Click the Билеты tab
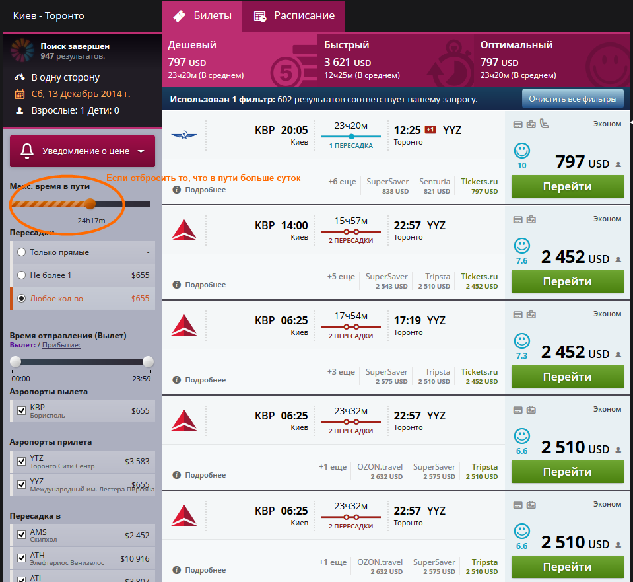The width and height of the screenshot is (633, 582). pyautogui.click(x=202, y=16)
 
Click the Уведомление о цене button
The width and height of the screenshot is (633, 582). pyautogui.click(x=83, y=151)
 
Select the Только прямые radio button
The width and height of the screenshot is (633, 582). pyautogui.click(x=22, y=252)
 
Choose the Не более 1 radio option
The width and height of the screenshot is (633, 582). pyautogui.click(x=22, y=275)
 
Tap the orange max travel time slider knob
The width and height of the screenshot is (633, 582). pyautogui.click(x=90, y=203)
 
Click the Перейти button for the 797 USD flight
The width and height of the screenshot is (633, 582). pyautogui.click(x=567, y=186)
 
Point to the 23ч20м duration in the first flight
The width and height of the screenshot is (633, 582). pyautogui.click(x=350, y=126)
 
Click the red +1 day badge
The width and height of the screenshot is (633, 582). pyautogui.click(x=431, y=129)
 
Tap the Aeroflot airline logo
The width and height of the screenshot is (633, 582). pyautogui.click(x=184, y=135)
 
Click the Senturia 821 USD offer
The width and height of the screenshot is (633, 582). pyautogui.click(x=434, y=186)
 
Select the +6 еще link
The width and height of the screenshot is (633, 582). pyautogui.click(x=342, y=182)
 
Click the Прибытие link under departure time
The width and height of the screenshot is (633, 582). pyautogui.click(x=61, y=345)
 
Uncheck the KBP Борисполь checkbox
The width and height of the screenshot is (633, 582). pyautogui.click(x=22, y=412)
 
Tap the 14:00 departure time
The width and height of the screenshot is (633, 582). pyautogui.click(x=294, y=225)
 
